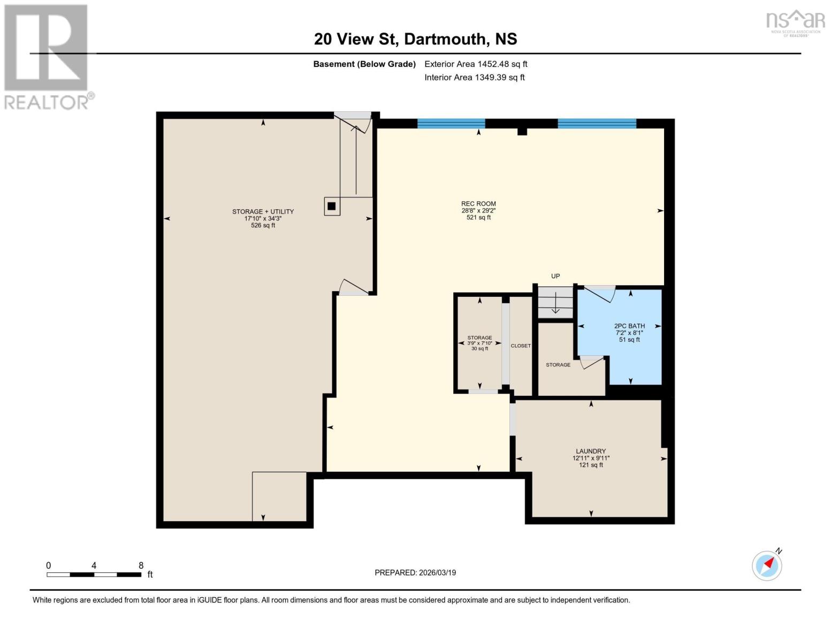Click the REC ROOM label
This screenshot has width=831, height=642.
tap(478, 203)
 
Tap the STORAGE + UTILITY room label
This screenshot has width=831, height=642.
tap(263, 211)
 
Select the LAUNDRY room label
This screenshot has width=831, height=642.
tap(591, 451)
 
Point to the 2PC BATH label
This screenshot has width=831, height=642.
tap(629, 326)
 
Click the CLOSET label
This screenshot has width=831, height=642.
tap(521, 346)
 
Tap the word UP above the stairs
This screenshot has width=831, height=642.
tap(555, 276)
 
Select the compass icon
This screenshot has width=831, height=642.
tap(767, 565)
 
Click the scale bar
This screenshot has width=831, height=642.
tap(94, 575)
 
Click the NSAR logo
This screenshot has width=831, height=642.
tap(796, 22)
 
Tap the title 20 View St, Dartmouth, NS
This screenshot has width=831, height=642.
tap(415, 39)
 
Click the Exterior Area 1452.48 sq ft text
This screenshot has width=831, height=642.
tap(476, 64)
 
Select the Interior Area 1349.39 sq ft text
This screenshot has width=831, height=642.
tap(475, 77)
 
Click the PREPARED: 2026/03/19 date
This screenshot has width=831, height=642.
tap(415, 572)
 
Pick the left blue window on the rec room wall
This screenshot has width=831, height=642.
tap(451, 124)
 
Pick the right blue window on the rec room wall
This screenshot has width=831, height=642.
tap(597, 124)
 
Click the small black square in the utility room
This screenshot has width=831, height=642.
tap(332, 206)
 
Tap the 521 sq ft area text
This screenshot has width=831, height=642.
tap(478, 218)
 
